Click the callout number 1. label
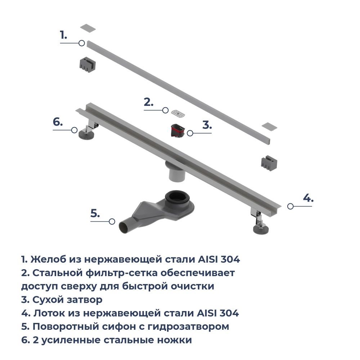pyautogui.click(x=63, y=35)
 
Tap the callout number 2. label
pyautogui.click(x=148, y=102)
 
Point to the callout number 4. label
pyautogui.click(x=308, y=198)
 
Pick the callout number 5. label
pyautogui.click(x=95, y=213)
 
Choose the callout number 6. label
pyautogui.click(x=58, y=122)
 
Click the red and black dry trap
pyautogui.click(x=177, y=130)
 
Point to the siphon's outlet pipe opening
pyautogui.click(x=122, y=228)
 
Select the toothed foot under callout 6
pyautogui.click(x=86, y=135)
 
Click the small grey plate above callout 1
pyautogui.click(x=87, y=27)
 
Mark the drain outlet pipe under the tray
pyautogui.click(x=176, y=175)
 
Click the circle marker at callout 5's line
pyautogui.click(x=112, y=222)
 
